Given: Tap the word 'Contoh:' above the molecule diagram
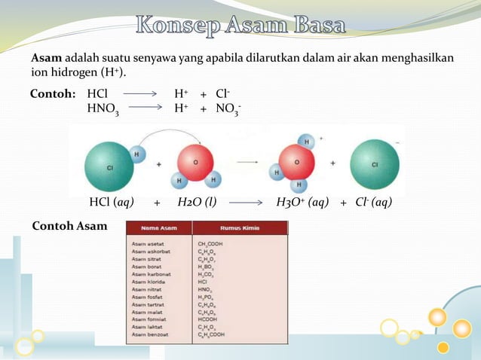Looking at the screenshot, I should pyautogui.click(x=53, y=95).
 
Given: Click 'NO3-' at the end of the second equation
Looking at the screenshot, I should pyautogui.click(x=228, y=110).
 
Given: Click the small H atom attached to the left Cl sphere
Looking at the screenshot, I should pyautogui.click(x=138, y=154).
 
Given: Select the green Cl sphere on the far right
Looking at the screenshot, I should pyautogui.click(x=375, y=164).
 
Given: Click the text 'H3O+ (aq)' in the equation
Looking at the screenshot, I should pyautogui.click(x=302, y=203).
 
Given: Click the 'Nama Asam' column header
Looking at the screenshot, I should pyautogui.click(x=158, y=228).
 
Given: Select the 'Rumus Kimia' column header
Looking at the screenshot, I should pyautogui.click(x=240, y=228).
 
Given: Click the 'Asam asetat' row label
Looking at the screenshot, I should pyautogui.click(x=148, y=243).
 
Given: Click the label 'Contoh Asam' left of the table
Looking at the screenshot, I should pyautogui.click(x=69, y=226).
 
